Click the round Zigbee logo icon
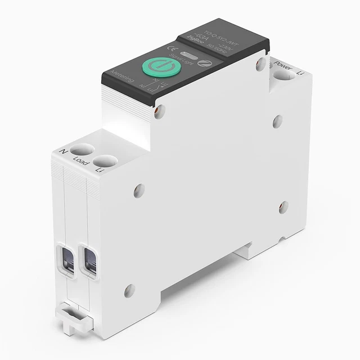tap(205, 51)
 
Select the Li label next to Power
tap(300, 72)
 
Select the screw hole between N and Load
tap(83, 150)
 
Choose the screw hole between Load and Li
tap(105, 161)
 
